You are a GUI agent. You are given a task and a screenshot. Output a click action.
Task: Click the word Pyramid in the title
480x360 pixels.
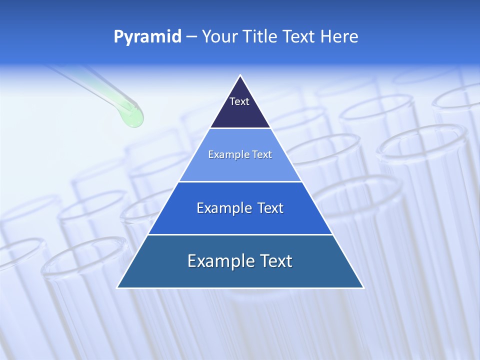[x=147, y=37]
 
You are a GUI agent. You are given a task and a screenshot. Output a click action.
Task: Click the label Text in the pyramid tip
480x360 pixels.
[x=239, y=101]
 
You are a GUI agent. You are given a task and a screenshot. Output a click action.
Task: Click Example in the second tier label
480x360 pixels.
[x=225, y=154]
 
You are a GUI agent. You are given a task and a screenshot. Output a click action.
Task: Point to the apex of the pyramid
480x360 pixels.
[x=240, y=76]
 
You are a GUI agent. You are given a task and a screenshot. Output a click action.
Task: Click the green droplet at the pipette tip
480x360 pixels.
[x=133, y=118]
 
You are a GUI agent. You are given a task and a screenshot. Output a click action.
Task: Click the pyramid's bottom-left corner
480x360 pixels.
[x=118, y=287]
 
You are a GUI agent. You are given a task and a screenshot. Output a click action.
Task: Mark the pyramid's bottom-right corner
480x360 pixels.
[x=363, y=287]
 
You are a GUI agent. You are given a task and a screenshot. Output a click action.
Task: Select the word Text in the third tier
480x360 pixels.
[x=270, y=208]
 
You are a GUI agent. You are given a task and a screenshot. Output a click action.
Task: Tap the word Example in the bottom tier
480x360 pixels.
[x=218, y=261]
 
